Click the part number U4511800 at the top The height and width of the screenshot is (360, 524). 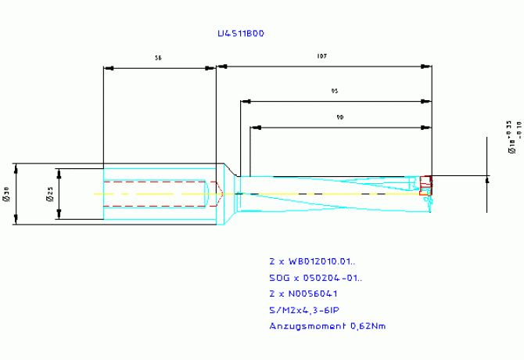coord(241,34)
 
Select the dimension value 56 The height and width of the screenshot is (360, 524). coord(159,58)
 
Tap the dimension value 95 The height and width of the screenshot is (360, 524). coord(335,91)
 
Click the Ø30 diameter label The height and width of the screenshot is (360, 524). coord(6,194)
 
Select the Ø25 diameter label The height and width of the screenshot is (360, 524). coord(49,194)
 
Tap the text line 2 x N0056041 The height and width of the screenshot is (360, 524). coord(305,294)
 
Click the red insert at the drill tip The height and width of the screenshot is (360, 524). coord(425,185)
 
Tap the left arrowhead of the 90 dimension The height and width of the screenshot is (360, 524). coord(254,127)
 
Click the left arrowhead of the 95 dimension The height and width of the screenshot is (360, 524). coord(246,101)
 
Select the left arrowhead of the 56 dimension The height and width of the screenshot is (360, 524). coord(109,68)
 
